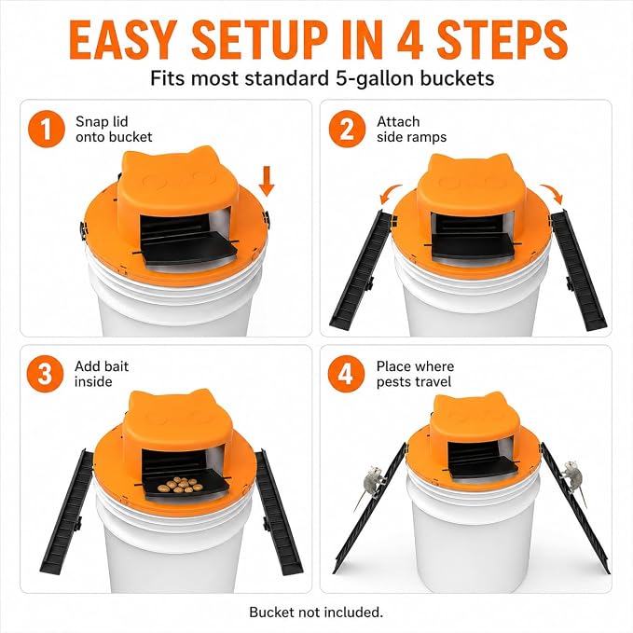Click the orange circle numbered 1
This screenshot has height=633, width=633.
coord(47,130)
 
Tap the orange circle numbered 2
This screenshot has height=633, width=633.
coord(347,130)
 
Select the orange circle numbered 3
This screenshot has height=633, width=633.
coord(45,374)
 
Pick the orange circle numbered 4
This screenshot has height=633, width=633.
coord(346,374)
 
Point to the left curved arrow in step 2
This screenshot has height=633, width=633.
coord(390,193)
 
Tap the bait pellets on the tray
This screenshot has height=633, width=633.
coord(181,485)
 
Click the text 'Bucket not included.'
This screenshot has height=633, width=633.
coord(316,612)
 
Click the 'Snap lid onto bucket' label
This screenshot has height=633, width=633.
coord(114,130)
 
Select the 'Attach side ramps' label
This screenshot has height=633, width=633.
coord(411,130)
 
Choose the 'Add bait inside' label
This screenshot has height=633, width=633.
coord(102,374)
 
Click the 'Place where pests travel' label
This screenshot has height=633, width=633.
coord(415,374)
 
